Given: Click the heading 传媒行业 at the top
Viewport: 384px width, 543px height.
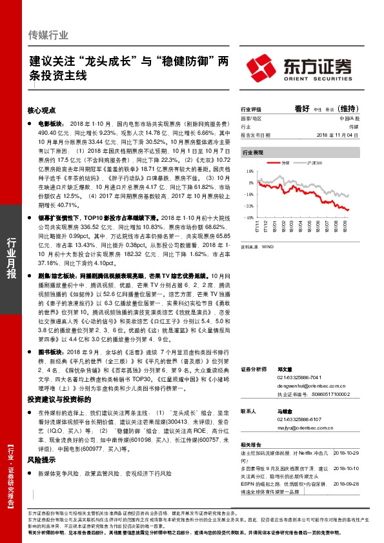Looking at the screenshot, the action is (x=49, y=35).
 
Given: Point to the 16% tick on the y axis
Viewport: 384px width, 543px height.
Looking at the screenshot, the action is (x=249, y=172).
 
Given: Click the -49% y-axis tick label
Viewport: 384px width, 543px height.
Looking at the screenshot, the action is (x=248, y=217).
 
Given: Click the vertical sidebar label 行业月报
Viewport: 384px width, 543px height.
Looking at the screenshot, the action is (x=11, y=257).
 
